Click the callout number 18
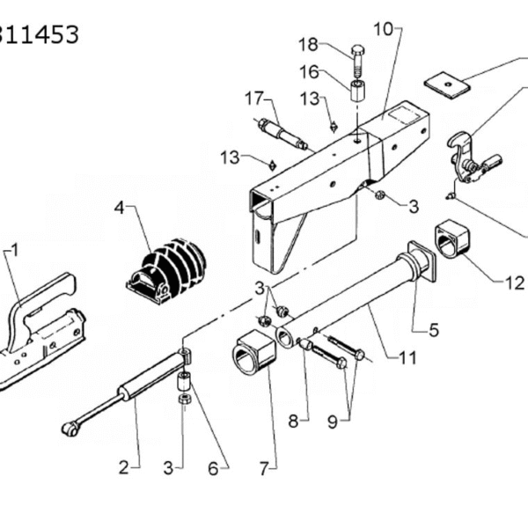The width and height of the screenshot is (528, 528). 309,45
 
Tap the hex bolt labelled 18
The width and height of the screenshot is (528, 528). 358,61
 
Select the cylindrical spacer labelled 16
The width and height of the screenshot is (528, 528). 358,90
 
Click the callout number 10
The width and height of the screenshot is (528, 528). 384,29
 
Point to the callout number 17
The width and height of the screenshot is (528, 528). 253,99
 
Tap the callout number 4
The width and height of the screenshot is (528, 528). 119,208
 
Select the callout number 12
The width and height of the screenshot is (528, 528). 515,282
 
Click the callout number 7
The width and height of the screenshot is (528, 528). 264,468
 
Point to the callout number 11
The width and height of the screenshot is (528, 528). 407,357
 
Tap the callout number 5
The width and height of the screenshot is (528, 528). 434,330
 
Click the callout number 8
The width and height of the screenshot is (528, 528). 293,421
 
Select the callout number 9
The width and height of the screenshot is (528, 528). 333,422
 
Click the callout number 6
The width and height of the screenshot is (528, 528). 213,469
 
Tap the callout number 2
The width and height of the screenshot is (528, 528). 123,468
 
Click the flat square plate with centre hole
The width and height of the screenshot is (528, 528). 446,85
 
